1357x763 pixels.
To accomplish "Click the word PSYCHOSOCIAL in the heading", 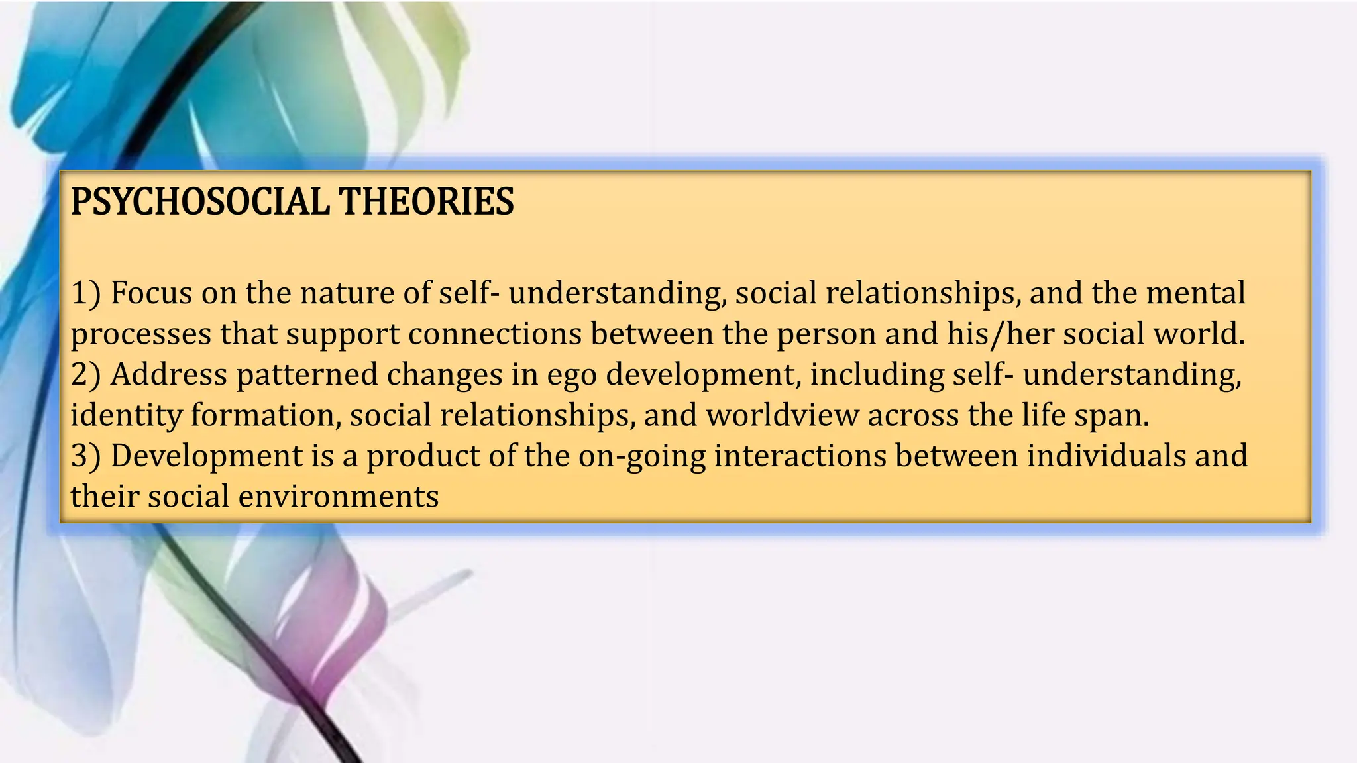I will pos(199,201).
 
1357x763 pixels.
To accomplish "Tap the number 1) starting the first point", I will pos(85,293).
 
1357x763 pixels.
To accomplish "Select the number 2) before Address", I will pos(85,374).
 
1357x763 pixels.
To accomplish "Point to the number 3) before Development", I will pos(85,456).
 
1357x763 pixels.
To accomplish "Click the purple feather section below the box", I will pos(331,636).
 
